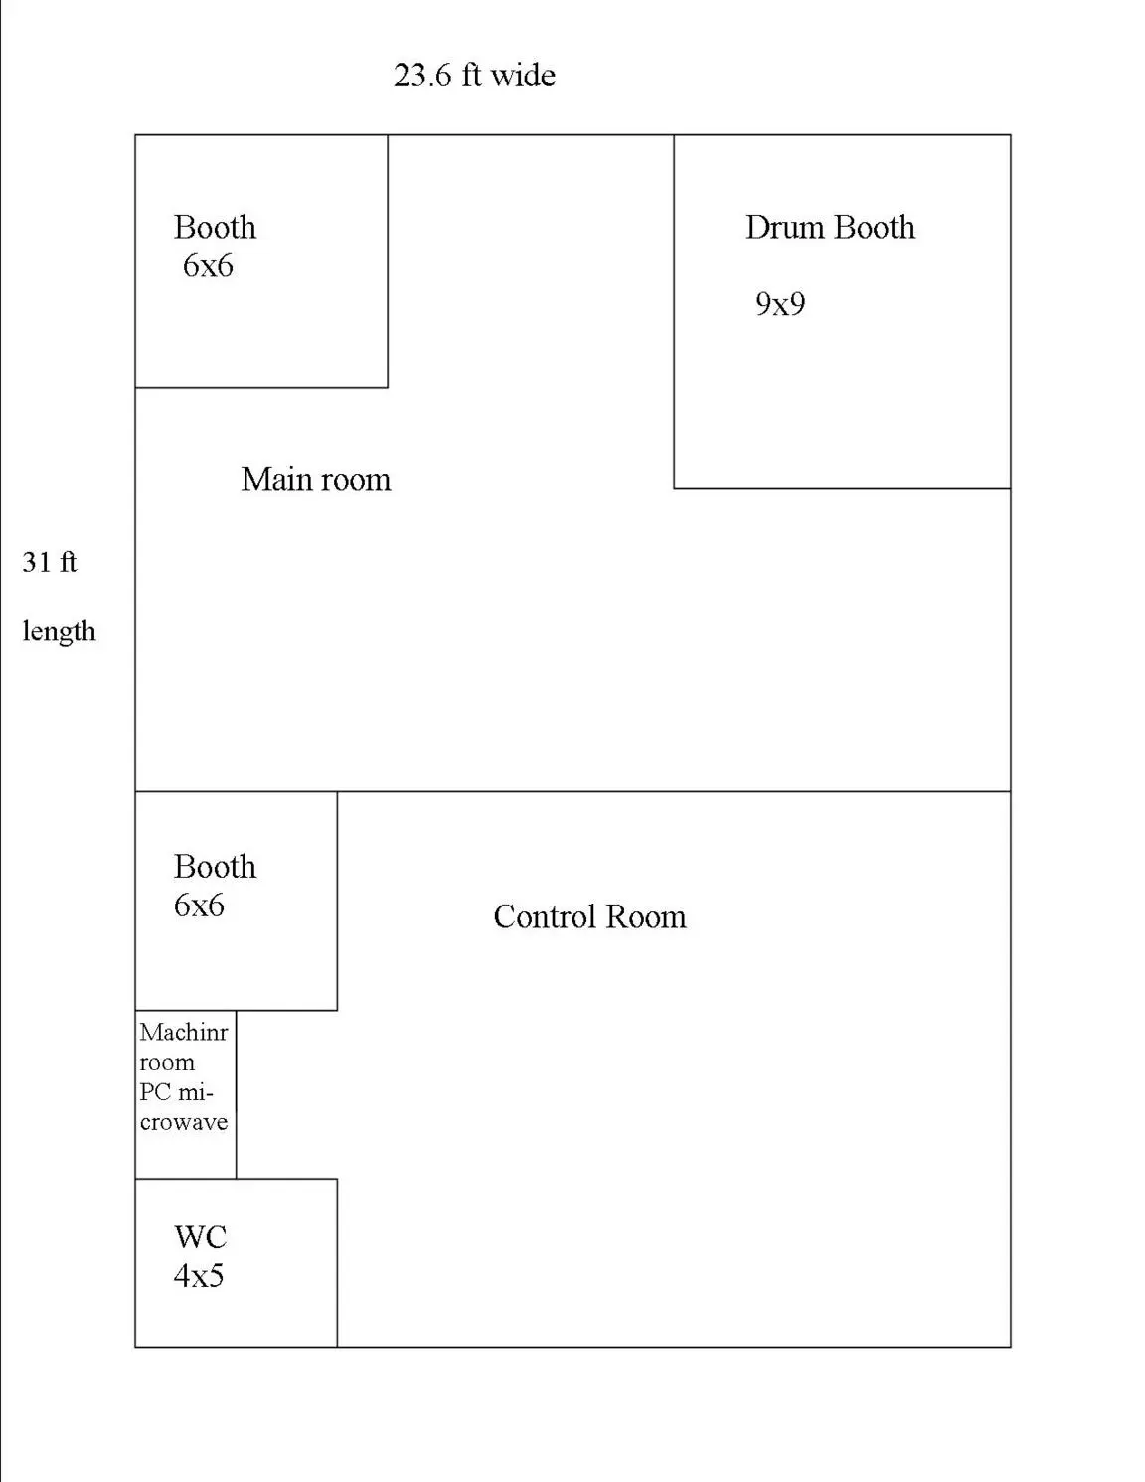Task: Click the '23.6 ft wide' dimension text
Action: [474, 75]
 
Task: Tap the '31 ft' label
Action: [49, 562]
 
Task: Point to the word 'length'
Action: [59, 632]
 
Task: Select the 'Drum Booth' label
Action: [830, 227]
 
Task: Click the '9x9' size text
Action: [780, 303]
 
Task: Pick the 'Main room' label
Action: [316, 479]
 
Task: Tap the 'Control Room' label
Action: [589, 916]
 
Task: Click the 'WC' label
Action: [200, 1236]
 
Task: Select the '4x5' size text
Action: [199, 1275]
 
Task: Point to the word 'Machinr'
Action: [184, 1032]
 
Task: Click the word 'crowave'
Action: [184, 1122]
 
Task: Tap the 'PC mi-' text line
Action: [177, 1092]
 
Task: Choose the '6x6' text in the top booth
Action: [208, 266]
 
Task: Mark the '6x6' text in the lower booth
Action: [199, 906]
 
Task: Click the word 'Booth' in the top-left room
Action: [215, 227]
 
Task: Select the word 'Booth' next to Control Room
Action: [215, 867]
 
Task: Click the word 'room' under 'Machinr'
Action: [167, 1063]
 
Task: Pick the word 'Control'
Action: [545, 916]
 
